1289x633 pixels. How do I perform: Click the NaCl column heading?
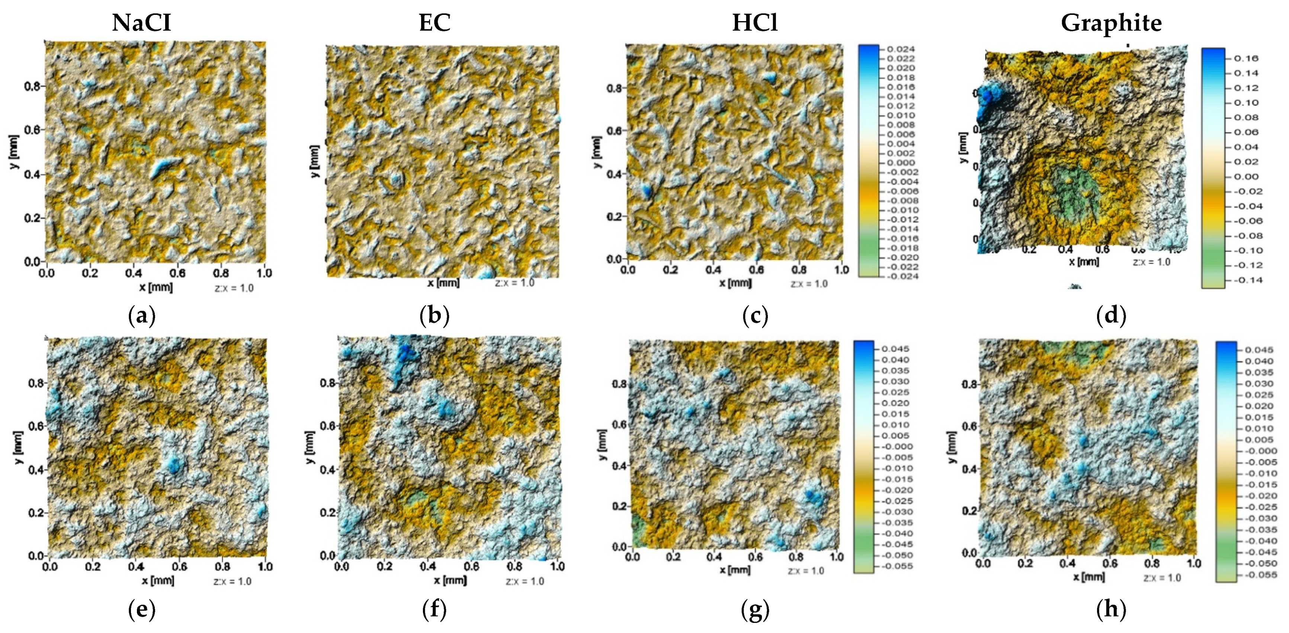coord(142,23)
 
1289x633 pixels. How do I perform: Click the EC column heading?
coord(435,23)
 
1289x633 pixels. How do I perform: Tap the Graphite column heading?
coord(1111,23)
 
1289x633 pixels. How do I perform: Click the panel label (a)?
coord(142,316)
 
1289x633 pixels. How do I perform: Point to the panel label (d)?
coord(1111,316)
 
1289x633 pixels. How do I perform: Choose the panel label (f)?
coord(435,610)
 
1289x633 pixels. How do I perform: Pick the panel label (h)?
coord(1111,610)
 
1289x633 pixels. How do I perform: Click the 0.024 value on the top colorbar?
coord(901,49)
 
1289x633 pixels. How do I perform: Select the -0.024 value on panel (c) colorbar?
coord(902,276)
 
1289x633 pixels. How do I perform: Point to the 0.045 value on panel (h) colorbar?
coord(1259,350)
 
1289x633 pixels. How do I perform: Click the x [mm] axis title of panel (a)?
coord(156,287)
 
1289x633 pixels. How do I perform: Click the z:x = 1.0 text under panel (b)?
coord(514,283)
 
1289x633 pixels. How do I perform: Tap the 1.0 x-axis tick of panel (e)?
coord(265,566)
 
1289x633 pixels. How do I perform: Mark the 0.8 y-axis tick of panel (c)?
coord(615,89)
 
